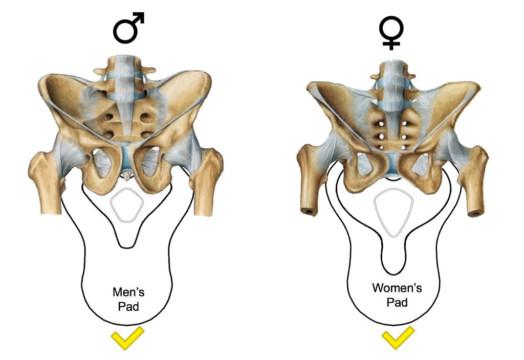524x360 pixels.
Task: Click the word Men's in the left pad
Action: pyautogui.click(x=128, y=293)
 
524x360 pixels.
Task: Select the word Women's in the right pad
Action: pyautogui.click(x=397, y=288)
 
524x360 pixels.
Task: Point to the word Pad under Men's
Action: pyautogui.click(x=128, y=307)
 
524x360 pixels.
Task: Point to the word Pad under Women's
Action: pyautogui.click(x=397, y=302)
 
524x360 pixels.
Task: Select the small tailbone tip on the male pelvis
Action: pyautogui.click(x=126, y=176)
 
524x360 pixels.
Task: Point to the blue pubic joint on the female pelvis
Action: pyautogui.click(x=392, y=169)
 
